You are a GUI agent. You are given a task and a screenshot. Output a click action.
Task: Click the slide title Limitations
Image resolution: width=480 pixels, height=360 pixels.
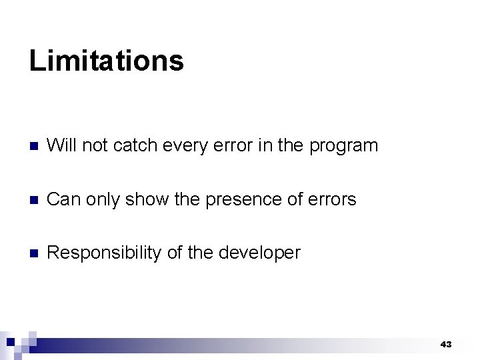[106, 61]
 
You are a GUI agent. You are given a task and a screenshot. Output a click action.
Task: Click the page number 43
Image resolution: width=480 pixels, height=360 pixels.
[446, 345]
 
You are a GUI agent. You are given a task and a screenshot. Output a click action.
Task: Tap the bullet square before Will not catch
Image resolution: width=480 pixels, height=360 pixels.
[34, 146]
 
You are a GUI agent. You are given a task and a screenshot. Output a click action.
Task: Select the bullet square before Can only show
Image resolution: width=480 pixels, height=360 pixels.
[34, 200]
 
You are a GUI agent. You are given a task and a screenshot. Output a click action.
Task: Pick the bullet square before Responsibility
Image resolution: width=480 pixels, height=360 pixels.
[34, 253]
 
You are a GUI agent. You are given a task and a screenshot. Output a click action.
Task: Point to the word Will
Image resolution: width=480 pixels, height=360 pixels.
[61, 145]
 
